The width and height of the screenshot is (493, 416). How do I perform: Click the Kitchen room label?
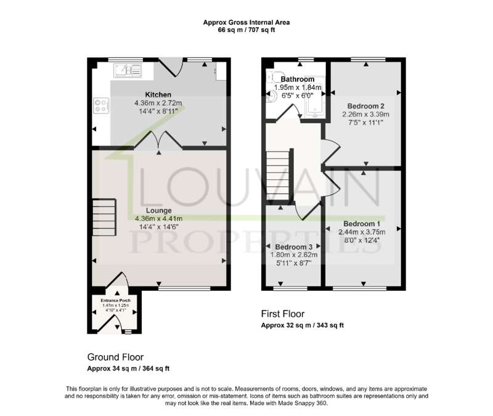(x=158, y=95)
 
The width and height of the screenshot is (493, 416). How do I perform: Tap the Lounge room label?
(x=159, y=210)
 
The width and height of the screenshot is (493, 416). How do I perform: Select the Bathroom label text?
(x=298, y=80)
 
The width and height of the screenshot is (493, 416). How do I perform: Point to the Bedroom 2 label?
(x=365, y=106)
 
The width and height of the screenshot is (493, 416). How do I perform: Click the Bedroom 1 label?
(x=362, y=224)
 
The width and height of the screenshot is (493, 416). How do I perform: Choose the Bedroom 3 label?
(x=294, y=247)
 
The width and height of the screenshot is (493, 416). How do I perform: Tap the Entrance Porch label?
(x=115, y=301)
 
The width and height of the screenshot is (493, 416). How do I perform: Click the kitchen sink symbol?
(x=128, y=70)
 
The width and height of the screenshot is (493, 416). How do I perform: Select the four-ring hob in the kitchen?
(x=101, y=105)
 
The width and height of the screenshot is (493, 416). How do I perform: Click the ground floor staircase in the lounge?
(x=104, y=218)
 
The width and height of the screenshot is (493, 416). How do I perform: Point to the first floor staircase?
(x=278, y=175)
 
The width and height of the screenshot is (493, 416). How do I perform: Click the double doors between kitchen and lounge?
(x=159, y=139)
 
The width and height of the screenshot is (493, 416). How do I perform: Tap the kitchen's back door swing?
(x=171, y=67)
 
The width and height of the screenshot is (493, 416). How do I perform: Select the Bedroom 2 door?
(x=331, y=152)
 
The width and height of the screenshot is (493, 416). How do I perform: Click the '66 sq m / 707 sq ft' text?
(x=246, y=30)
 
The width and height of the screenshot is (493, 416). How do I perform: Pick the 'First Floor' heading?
(x=283, y=314)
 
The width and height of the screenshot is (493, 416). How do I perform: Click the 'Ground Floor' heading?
(x=115, y=357)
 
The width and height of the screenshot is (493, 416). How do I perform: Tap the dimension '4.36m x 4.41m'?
(x=159, y=219)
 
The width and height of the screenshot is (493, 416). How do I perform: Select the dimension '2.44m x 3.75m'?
(x=362, y=232)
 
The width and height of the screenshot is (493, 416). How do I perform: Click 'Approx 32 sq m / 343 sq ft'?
(x=303, y=325)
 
